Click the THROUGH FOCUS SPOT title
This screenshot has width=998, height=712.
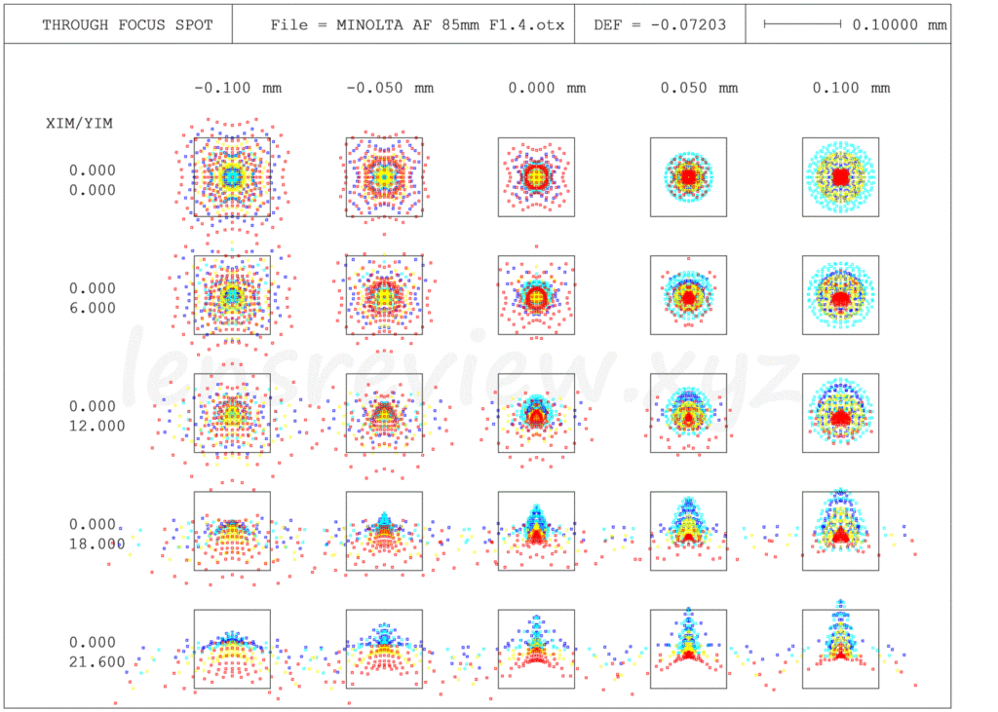[127, 24]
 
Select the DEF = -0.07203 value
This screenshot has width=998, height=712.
[660, 24]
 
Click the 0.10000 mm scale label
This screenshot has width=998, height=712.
[899, 24]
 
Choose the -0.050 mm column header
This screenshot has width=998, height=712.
[390, 88]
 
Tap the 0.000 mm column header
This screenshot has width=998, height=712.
[547, 88]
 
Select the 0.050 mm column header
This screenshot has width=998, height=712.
[699, 88]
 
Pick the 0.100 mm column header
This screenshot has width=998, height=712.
[851, 88]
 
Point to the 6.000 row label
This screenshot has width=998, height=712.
[92, 308]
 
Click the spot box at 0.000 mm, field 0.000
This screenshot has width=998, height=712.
[536, 176]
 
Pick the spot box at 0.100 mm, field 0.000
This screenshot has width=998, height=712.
[840, 176]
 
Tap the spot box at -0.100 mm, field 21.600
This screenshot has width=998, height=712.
[232, 649]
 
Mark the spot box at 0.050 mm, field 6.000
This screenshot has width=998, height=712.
[688, 294]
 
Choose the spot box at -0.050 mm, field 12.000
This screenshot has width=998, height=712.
[384, 413]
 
